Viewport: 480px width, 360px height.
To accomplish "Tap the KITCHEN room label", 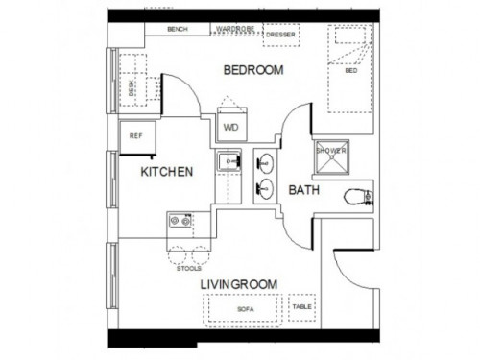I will [168, 172].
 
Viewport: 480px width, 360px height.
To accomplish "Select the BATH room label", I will [304, 191].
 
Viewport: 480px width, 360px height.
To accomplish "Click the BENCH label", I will [177, 29].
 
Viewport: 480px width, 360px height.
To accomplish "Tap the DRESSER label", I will [280, 36].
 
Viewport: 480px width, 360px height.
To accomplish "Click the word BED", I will [350, 71].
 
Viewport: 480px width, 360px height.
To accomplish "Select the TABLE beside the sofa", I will [301, 307].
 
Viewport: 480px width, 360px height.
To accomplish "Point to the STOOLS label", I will [189, 269].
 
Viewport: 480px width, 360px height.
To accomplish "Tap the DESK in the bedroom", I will [132, 87].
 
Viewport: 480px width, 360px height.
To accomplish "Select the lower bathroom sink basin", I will [265, 189].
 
